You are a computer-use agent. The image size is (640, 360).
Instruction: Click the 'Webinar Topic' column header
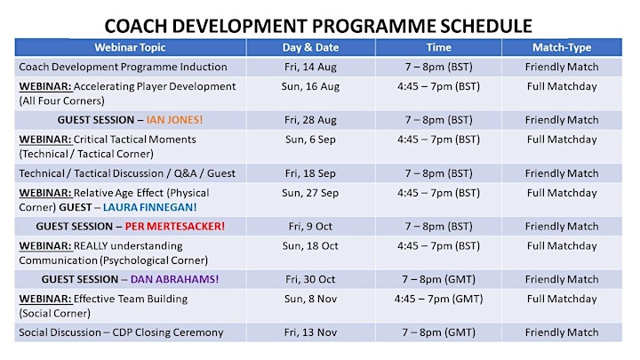click(130, 47)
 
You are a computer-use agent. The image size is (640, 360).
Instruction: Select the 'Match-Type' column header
click(562, 47)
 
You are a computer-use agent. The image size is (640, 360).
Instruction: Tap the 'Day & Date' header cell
click(310, 47)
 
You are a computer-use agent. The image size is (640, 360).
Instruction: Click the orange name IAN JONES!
click(174, 120)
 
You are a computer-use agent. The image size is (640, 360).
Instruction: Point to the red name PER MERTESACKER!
click(175, 226)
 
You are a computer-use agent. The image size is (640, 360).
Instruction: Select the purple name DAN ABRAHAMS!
click(175, 279)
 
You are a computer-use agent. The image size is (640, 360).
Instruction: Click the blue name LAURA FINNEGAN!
click(150, 207)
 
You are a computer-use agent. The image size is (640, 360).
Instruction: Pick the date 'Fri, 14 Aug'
click(310, 67)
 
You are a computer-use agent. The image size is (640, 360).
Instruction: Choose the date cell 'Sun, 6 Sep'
click(310, 140)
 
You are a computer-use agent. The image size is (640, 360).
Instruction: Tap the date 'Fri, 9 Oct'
click(310, 226)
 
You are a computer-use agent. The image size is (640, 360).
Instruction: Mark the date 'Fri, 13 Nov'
click(310, 332)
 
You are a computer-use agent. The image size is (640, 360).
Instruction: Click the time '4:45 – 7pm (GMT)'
click(439, 299)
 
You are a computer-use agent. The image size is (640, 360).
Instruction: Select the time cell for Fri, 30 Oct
click(439, 279)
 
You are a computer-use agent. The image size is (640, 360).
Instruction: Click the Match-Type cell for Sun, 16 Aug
click(562, 86)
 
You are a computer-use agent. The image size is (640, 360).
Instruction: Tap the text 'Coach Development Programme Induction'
click(123, 67)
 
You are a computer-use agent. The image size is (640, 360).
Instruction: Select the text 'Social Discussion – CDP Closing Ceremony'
click(121, 332)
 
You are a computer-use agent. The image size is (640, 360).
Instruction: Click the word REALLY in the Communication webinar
click(91, 245)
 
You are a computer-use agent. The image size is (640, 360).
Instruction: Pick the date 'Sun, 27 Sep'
click(310, 193)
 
